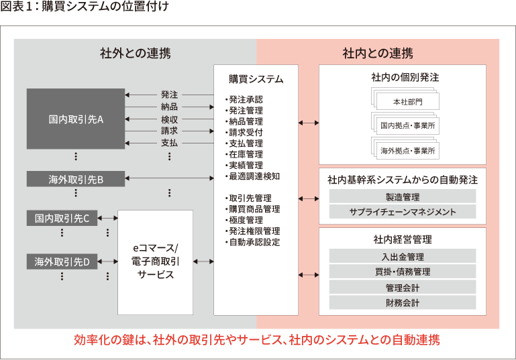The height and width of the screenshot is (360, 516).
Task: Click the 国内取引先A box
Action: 76,119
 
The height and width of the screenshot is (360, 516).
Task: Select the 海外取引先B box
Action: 76,178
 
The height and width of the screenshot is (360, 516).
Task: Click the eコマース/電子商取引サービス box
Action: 155,261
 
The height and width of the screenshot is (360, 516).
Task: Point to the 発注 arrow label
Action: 169,95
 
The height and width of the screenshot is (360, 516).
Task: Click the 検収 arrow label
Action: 169,119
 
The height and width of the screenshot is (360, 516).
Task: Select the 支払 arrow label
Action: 169,143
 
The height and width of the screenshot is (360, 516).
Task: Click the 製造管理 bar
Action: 403,196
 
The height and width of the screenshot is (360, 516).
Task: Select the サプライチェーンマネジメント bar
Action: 403,212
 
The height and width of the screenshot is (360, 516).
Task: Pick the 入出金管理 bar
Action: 403,256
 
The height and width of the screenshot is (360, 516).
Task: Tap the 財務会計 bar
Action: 403,302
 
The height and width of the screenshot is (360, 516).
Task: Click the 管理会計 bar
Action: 403,287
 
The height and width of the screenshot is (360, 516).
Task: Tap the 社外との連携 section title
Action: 134,52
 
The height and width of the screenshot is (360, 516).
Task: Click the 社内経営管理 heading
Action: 403,239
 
